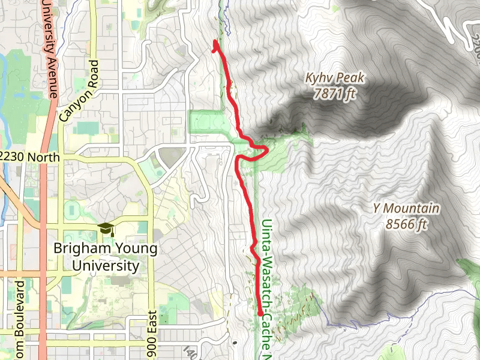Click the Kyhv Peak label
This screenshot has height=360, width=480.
click(x=335, y=79)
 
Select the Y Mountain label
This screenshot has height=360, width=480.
click(x=406, y=209)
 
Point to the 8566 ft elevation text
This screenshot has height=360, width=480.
click(x=406, y=224)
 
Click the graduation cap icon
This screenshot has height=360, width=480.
click(x=106, y=229)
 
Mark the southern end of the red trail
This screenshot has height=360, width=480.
click(x=260, y=313)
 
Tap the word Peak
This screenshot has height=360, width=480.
click(x=351, y=79)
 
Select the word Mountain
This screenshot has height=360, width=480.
click(x=412, y=209)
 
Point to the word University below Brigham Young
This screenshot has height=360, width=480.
click(x=105, y=265)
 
